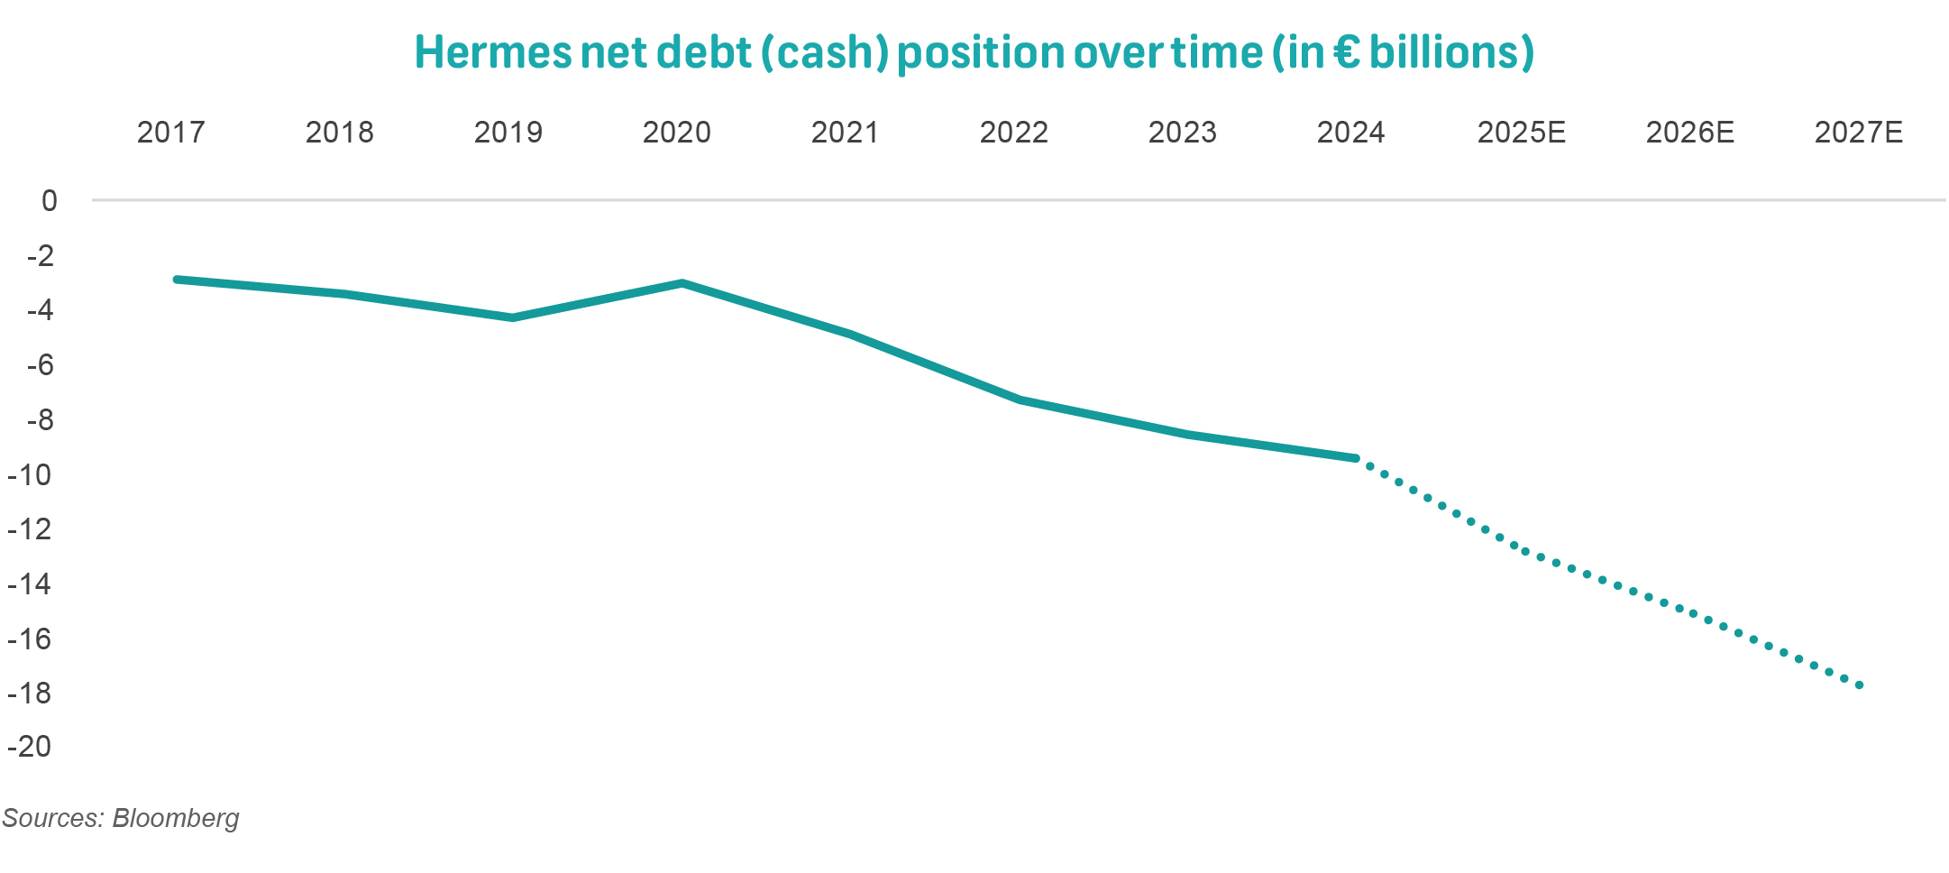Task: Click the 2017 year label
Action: [x=170, y=133]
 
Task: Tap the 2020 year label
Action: [x=676, y=133]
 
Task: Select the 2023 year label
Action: [x=1182, y=133]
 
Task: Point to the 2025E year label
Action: [x=1521, y=133]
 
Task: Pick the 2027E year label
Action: [x=1858, y=133]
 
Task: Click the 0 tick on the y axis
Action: [x=49, y=201]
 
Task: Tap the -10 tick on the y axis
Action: [x=30, y=474]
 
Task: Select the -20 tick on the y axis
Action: [x=30, y=747]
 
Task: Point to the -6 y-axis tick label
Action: [x=40, y=365]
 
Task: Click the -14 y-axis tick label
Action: [x=30, y=584]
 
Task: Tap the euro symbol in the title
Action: [x=1345, y=52]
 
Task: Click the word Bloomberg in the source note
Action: [x=176, y=818]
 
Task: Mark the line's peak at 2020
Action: [x=682, y=283]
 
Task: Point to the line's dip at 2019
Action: [x=512, y=317]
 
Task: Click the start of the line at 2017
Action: [x=177, y=280]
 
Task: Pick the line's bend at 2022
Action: [x=1020, y=400]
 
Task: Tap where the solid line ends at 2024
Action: [x=1356, y=458]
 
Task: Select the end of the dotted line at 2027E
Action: [x=1860, y=685]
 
